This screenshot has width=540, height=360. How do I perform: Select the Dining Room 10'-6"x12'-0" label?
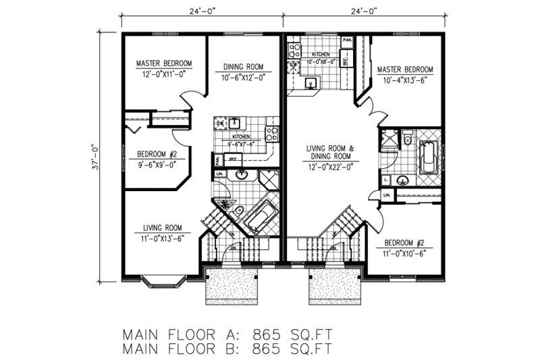pos(243,72)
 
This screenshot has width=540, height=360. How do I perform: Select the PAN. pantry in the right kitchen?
pos(348,41)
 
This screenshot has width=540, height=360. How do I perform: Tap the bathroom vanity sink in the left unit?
pos(242,176)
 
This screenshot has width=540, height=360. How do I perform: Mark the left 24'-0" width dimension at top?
pos(201,10)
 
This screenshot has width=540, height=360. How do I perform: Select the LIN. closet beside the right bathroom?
pos(387,196)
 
